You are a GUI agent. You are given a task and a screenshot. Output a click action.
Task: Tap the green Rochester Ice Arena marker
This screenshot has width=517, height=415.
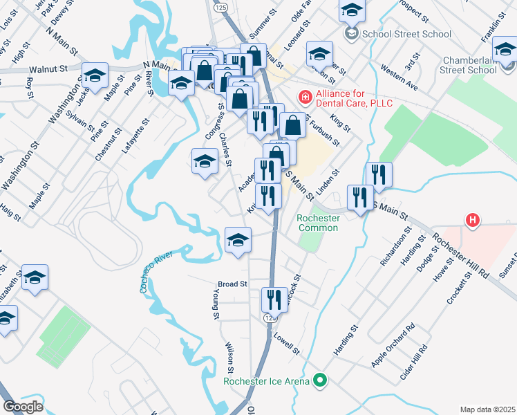tap(319, 380)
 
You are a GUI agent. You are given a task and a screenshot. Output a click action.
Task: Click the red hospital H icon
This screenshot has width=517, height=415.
tap(473, 221)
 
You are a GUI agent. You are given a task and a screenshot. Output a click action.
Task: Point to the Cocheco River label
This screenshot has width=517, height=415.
tap(156, 273)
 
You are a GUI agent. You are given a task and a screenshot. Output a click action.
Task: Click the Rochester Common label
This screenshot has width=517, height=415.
tap(318, 223)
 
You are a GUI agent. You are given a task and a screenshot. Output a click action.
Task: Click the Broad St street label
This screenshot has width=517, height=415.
tap(232, 284)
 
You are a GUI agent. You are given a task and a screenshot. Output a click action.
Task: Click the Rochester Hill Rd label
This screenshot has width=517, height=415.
tap(462, 254)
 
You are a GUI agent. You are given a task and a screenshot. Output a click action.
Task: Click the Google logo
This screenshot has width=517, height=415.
tap(23, 406)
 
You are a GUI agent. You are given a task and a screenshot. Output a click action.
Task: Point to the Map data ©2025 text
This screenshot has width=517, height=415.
tap(487, 409)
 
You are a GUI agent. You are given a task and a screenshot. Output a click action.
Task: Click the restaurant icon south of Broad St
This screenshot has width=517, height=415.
tap(274, 300)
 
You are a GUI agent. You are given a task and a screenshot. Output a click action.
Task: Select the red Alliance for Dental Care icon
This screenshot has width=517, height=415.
tap(303, 98)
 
